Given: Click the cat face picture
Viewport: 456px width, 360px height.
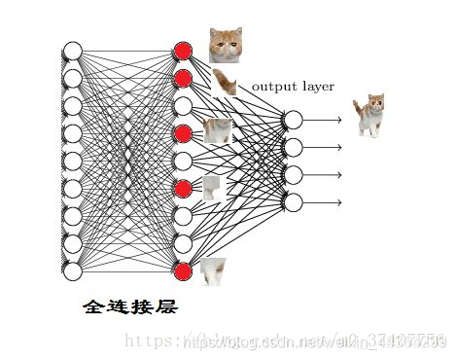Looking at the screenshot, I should [x=226, y=45].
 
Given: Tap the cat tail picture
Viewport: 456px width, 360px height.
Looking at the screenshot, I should [x=226, y=83].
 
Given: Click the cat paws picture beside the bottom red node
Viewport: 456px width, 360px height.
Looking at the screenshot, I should [x=213, y=273].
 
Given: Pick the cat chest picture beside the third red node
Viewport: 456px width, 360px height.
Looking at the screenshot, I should [x=218, y=130].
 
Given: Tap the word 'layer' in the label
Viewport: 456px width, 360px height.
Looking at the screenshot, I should [x=316, y=87].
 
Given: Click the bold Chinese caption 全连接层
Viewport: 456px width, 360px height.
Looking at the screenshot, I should [x=130, y=306].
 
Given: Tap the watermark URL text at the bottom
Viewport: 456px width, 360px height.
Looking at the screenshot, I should [x=292, y=341].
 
